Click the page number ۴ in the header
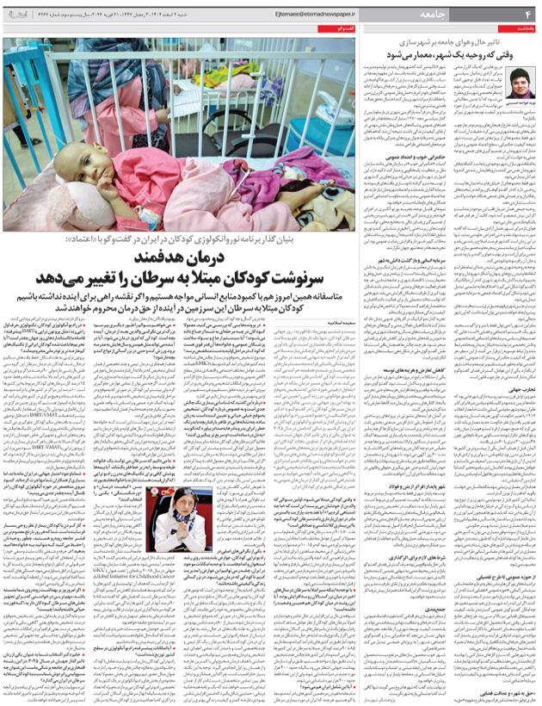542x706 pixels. (528, 14)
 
